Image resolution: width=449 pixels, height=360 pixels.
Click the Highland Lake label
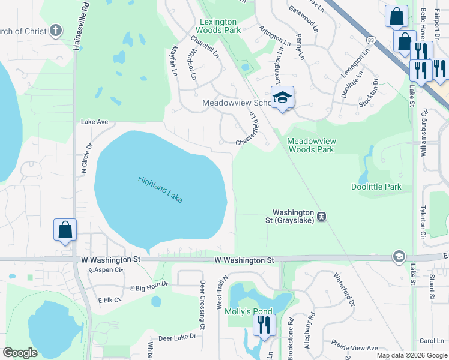coord(160,189)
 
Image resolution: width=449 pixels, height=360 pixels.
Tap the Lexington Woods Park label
coord(218,26)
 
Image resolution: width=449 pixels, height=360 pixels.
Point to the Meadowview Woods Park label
coord(310,145)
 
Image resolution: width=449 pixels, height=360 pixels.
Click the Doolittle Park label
coord(376,187)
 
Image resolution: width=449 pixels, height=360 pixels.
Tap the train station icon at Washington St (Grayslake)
coord(322,216)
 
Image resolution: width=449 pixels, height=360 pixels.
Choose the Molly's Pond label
coord(248,311)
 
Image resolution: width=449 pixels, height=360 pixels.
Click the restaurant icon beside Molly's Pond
coord(263,325)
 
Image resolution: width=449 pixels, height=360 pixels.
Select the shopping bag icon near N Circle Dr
coord(65,230)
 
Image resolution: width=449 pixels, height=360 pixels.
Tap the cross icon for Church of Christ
coord(55,30)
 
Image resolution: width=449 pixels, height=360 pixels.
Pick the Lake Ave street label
coord(94,122)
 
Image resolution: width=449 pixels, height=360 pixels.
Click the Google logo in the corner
coord(20,353)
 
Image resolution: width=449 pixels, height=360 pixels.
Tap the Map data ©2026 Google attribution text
coord(411,355)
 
